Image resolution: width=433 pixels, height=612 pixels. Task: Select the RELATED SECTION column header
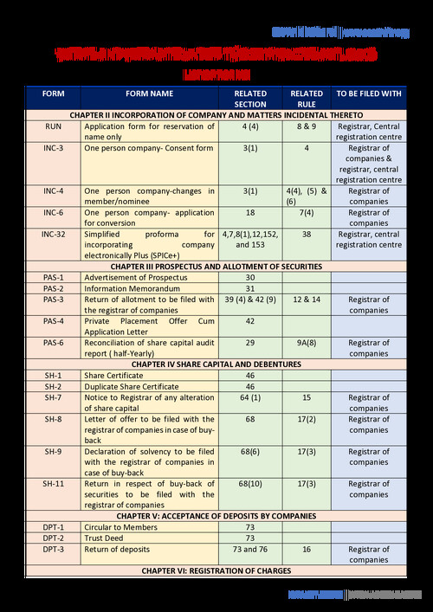point(250,99)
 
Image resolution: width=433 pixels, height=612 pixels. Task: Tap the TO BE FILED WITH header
point(368,93)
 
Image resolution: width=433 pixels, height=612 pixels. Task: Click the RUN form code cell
point(53,126)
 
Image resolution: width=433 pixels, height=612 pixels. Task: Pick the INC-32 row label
point(53,234)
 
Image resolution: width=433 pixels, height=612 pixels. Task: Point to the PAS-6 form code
point(53,344)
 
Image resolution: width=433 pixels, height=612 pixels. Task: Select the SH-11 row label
point(53,484)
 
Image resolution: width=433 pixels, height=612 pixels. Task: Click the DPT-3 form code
point(53,550)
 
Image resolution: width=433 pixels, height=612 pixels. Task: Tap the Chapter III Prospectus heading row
point(216,267)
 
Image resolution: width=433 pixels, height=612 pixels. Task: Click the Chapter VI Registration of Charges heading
point(216,571)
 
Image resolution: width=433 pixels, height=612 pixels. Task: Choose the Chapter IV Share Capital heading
point(216,364)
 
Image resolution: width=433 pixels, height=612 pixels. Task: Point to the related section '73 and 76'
point(250,550)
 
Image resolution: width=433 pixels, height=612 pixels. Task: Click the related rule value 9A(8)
point(307,344)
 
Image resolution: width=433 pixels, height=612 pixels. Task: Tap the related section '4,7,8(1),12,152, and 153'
point(250,239)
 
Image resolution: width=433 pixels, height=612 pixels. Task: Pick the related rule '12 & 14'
point(307,300)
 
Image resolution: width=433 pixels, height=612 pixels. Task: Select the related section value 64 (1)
point(250,397)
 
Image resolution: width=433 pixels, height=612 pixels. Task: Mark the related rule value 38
point(307,234)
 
